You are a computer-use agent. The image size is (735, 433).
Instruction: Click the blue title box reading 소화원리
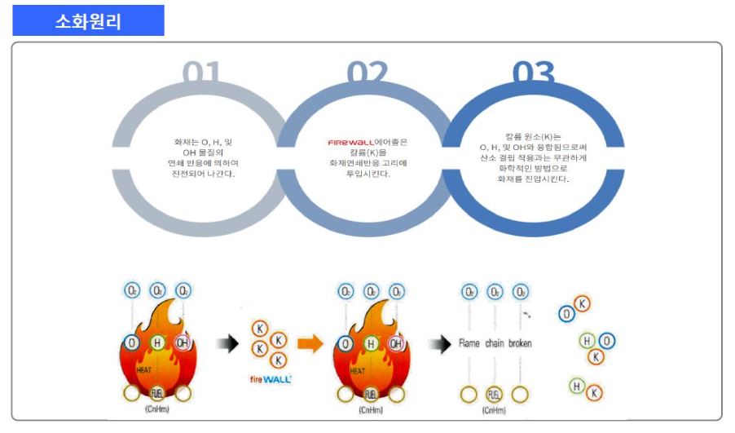click(x=88, y=20)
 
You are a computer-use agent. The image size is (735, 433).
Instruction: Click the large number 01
click(x=200, y=73)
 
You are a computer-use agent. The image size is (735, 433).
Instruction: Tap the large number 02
click(x=367, y=73)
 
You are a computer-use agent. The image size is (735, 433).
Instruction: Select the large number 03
click(x=533, y=73)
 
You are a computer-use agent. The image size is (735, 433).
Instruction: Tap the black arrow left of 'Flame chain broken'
click(x=440, y=344)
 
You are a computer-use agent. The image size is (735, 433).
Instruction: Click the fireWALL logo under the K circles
click(x=270, y=379)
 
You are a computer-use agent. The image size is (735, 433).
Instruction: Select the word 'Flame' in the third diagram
click(x=469, y=344)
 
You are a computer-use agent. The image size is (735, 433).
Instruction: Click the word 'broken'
click(x=520, y=344)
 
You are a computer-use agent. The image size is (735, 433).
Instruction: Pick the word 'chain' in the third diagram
click(x=495, y=344)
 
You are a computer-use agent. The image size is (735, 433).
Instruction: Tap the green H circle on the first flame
click(x=157, y=343)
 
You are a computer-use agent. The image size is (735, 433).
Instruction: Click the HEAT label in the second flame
click(x=358, y=370)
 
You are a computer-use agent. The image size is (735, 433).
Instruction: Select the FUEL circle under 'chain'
click(x=494, y=395)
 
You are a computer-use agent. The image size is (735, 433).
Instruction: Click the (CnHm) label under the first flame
click(x=156, y=409)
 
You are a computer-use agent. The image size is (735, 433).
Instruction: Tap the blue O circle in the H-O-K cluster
click(x=608, y=341)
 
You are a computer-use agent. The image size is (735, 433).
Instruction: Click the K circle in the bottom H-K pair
click(x=595, y=394)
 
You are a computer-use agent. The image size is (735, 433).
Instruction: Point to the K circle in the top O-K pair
click(x=583, y=304)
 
